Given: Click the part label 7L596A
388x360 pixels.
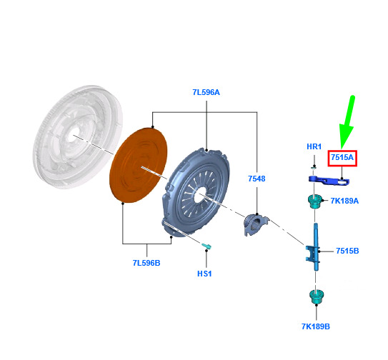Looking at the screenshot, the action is coord(206,92).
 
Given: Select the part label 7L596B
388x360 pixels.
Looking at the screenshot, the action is coord(146,263).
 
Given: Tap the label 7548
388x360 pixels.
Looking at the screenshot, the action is coord(257,179).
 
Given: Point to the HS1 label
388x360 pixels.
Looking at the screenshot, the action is coord(204,274).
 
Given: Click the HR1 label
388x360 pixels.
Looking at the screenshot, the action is coord(314,146).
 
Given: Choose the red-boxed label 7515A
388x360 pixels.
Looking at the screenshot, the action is coord(342,158).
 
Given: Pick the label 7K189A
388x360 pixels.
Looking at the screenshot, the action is coord(344,201).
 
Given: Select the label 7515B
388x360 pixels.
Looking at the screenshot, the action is coord(347,251).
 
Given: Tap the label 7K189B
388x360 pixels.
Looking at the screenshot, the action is coord(316,326).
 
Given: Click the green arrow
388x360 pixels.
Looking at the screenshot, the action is coord(348,122).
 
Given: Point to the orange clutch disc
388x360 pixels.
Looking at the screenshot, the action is coord(139,165).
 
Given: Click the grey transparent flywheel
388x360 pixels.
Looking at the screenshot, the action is coord(78,137).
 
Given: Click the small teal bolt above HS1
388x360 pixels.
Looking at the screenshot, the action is coord(206,246).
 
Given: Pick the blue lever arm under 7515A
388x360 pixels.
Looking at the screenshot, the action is coord(329,180).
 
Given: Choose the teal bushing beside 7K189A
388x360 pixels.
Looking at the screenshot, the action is coord(314,201).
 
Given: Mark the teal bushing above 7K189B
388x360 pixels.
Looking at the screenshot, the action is coord(317,296).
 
